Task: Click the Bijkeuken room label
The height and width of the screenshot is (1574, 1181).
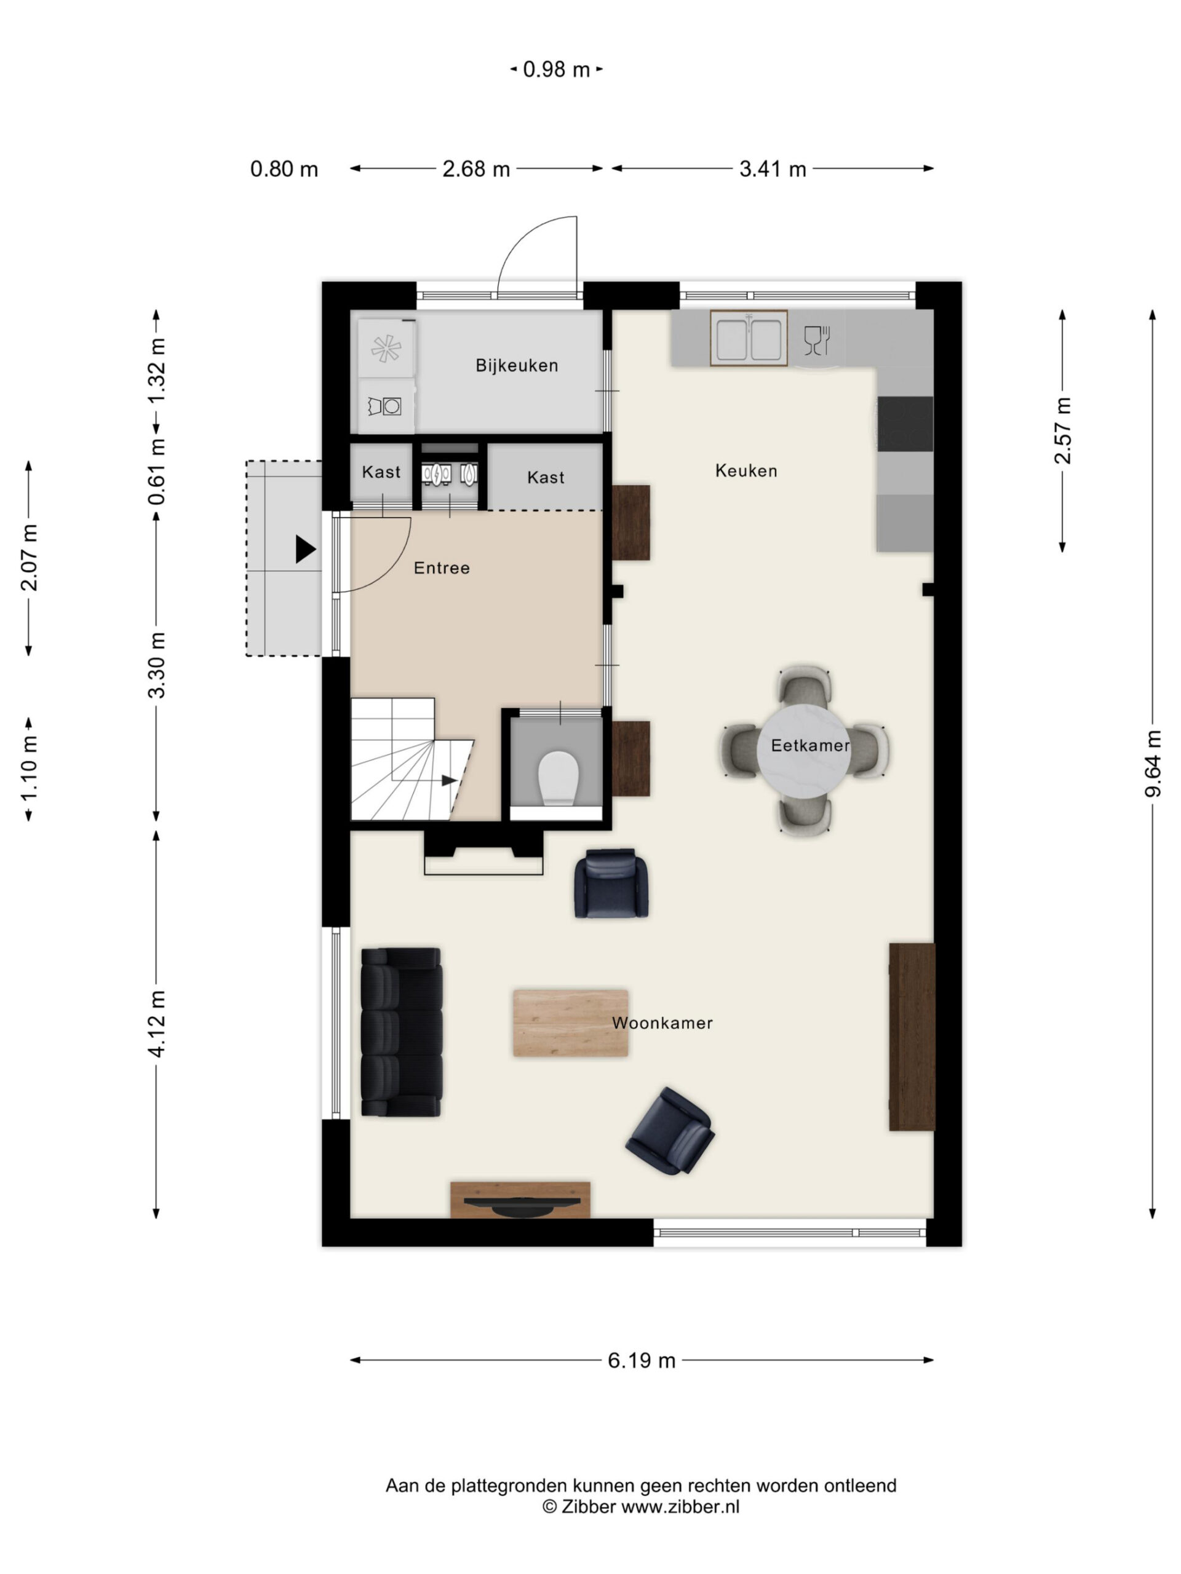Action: click(516, 365)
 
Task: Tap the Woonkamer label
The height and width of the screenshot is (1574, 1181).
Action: click(662, 1022)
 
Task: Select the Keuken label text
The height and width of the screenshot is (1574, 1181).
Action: click(746, 470)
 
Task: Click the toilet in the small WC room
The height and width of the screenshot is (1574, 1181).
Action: click(557, 778)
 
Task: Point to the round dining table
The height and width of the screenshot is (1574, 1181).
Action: click(804, 751)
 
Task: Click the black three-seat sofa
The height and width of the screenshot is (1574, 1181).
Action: click(402, 1031)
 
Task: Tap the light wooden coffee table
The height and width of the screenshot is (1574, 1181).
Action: click(570, 1023)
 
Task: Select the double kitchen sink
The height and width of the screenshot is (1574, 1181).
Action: click(748, 338)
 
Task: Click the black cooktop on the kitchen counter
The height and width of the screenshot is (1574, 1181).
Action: click(905, 424)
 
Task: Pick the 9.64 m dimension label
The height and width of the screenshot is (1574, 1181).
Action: click(1153, 764)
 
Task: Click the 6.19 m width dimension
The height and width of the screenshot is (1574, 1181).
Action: click(642, 1360)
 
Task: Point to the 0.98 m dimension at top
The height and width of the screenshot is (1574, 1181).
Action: click(557, 69)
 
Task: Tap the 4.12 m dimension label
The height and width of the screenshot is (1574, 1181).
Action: click(157, 1023)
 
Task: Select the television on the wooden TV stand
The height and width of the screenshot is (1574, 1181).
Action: click(520, 1203)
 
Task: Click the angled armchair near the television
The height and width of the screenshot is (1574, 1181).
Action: click(669, 1130)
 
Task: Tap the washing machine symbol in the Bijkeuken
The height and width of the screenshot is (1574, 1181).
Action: click(385, 406)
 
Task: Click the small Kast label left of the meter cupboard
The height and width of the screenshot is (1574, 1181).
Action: click(381, 472)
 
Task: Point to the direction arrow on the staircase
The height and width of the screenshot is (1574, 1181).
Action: click(449, 781)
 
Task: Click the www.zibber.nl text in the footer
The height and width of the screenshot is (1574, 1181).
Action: click(680, 1506)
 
